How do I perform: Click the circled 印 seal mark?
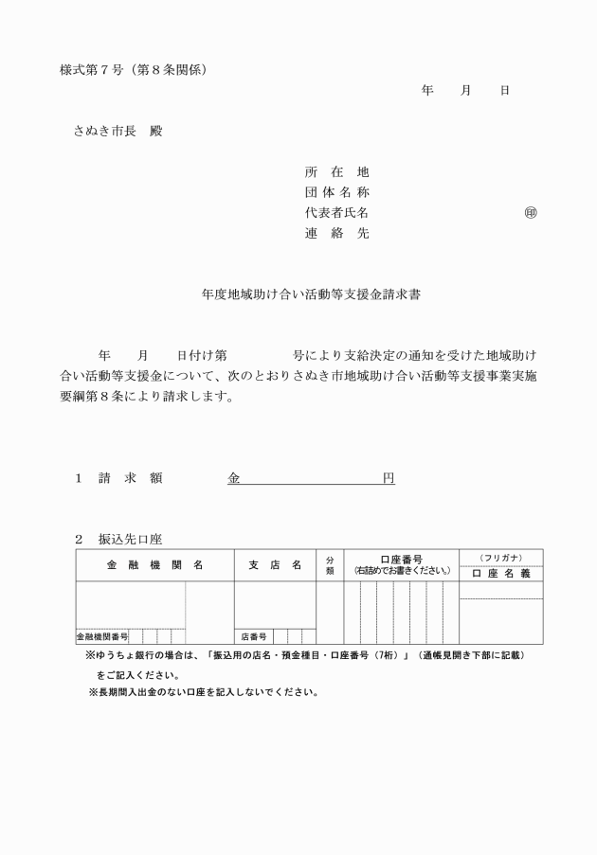(531, 212)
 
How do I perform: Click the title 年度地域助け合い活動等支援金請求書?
(298, 294)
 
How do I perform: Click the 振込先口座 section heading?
(131, 539)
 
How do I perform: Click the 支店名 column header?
(275, 565)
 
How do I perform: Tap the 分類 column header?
(330, 565)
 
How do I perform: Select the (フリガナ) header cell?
(501, 557)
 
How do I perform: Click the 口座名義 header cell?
(501, 574)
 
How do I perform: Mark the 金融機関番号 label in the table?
(102, 636)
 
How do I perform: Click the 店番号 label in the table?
(253, 636)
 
